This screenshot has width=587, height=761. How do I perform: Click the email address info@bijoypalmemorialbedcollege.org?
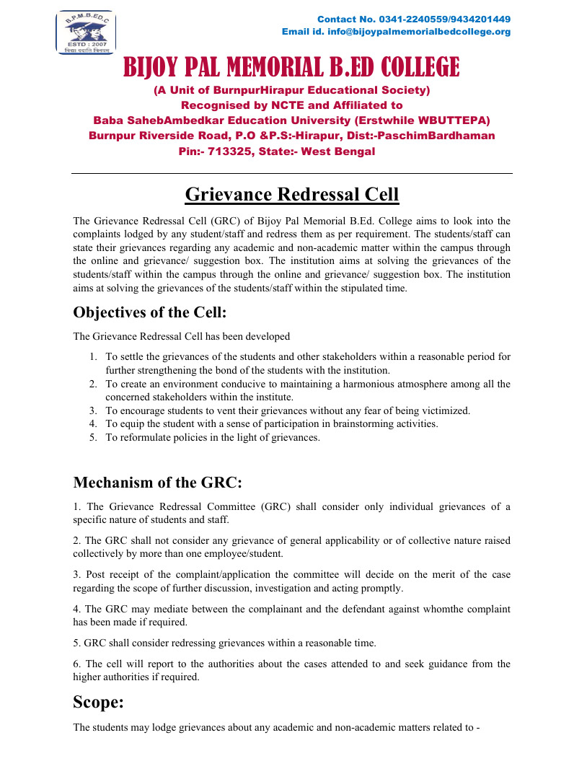tap(419, 32)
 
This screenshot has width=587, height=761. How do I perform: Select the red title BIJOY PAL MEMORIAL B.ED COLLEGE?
tap(291, 68)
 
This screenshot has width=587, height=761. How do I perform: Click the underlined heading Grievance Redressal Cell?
tap(292, 195)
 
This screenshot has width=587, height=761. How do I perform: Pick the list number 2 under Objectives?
tap(93, 384)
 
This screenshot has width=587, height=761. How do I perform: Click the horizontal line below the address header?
tap(291, 173)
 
